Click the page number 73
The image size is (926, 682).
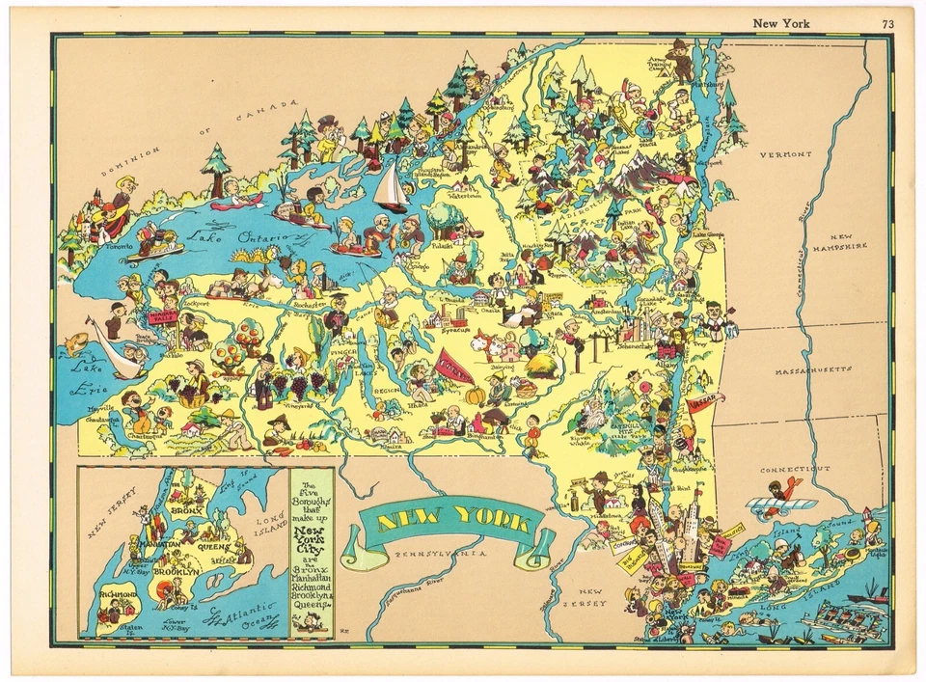pos(886,23)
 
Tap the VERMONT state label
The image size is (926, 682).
pos(784,154)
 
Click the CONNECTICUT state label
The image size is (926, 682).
pos(794,469)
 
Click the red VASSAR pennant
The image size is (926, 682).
pos(706,408)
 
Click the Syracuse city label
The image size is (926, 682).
pos(453,330)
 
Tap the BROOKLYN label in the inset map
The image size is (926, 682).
pos(175,572)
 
